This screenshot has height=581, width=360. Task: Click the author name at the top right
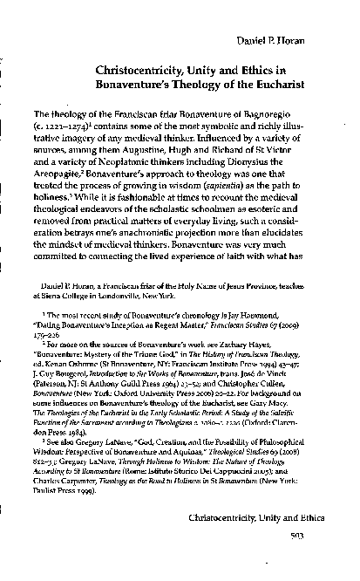[299, 42]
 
